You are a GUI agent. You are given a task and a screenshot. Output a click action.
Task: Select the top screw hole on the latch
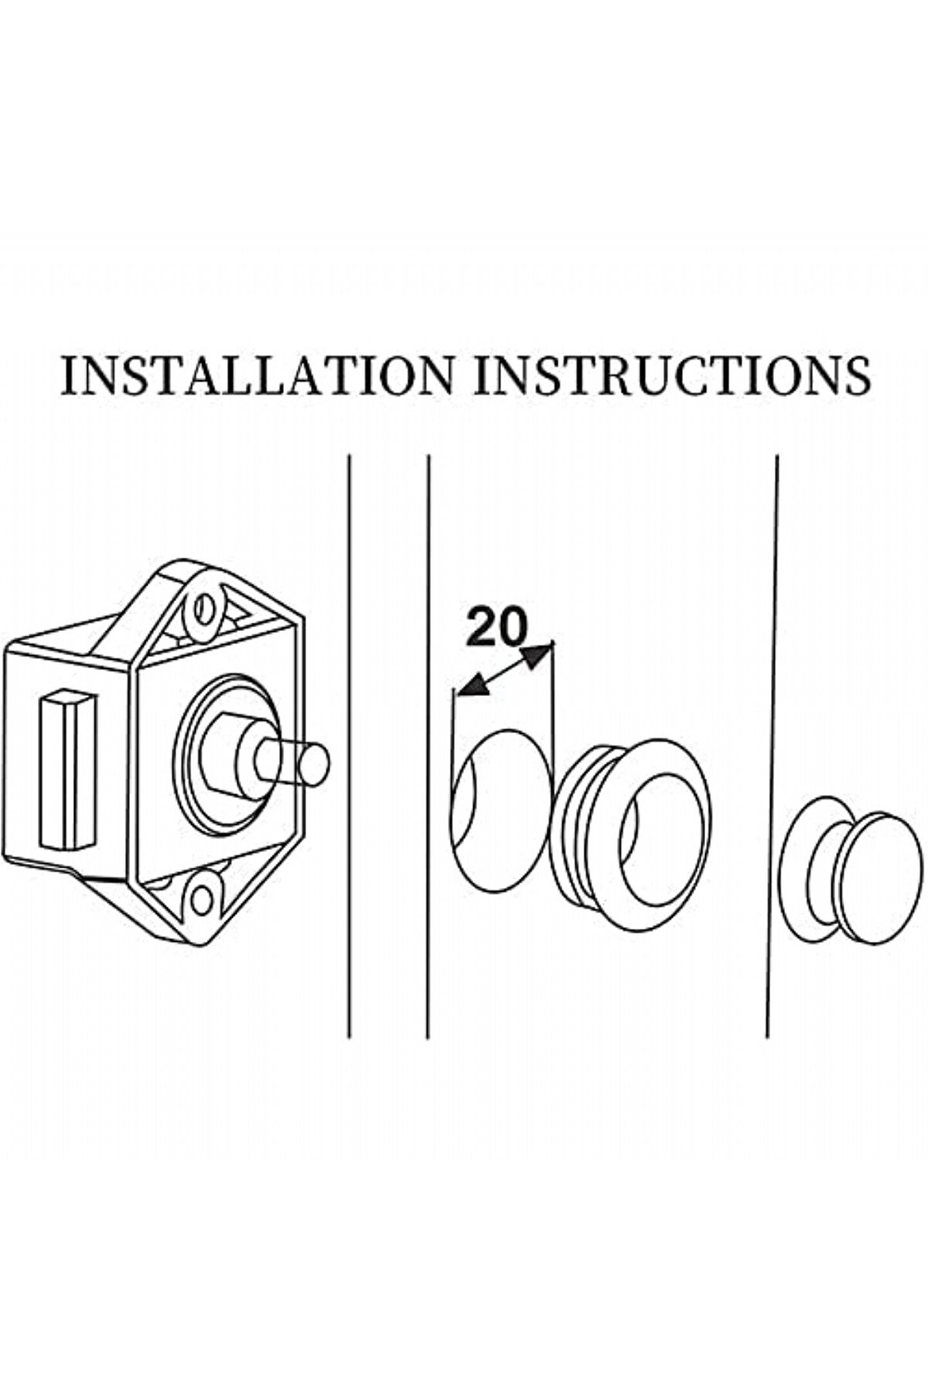pyautogui.click(x=205, y=605)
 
